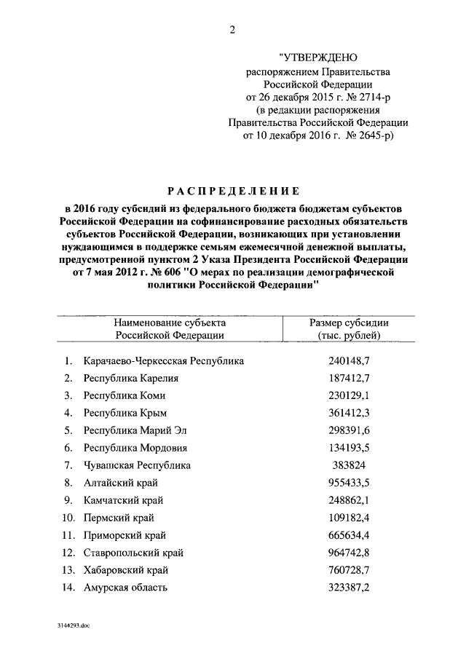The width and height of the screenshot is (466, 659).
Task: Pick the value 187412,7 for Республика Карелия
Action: [349, 378]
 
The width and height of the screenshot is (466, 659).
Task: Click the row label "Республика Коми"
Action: [125, 395]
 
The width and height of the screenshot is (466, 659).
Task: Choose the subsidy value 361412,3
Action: [349, 412]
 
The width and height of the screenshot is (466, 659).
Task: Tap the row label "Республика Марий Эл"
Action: [135, 430]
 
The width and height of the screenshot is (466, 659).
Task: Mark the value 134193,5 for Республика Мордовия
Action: [349, 447]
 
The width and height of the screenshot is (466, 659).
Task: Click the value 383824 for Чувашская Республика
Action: [349, 465]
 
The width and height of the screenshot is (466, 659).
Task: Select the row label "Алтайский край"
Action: [121, 482]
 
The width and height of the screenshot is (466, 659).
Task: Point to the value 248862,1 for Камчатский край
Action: [349, 500]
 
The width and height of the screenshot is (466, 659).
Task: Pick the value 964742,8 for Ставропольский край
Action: [349, 552]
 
